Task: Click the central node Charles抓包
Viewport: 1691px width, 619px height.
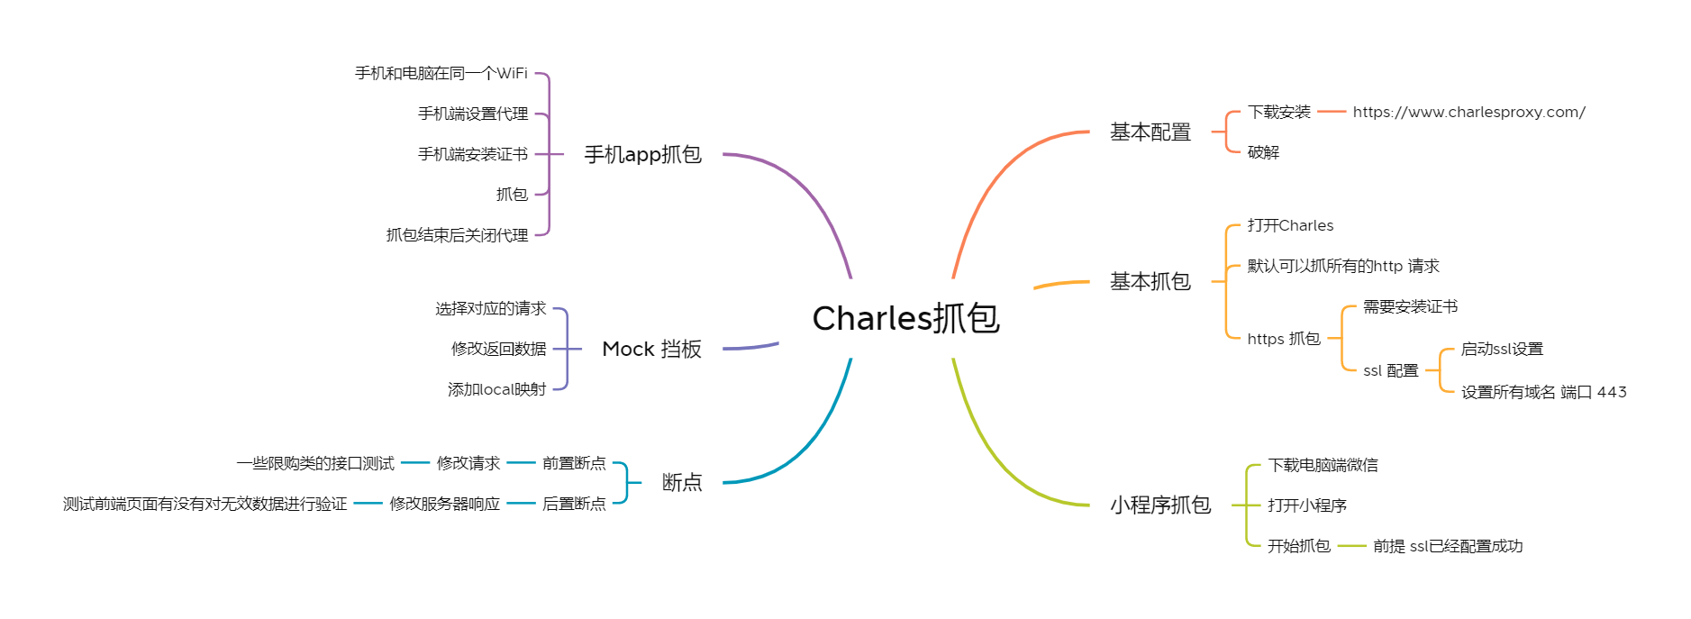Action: point(905,318)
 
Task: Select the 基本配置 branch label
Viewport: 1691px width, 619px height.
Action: point(1150,132)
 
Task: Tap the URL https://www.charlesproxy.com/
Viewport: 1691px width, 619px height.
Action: point(1468,112)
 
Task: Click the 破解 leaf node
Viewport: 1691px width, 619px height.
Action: point(1263,152)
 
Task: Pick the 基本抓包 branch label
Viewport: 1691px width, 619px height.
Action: point(1150,282)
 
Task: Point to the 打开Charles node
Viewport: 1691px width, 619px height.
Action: point(1290,225)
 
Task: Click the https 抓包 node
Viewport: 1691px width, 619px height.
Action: point(1283,339)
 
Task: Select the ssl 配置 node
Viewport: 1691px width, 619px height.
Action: point(1390,370)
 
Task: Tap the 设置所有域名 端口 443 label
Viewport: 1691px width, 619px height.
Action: point(1543,392)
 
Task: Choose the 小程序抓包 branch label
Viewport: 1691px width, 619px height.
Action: point(1159,505)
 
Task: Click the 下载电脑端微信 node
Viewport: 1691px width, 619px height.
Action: point(1323,465)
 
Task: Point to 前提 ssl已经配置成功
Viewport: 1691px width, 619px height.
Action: point(1447,546)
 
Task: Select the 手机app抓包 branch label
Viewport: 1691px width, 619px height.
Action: point(642,155)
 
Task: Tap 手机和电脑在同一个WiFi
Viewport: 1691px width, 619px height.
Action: point(441,73)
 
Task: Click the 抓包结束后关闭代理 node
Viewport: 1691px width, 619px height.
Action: point(457,235)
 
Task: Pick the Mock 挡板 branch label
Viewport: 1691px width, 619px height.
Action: point(651,349)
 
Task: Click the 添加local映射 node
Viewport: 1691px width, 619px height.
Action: point(496,389)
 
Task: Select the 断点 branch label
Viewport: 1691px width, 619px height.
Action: point(681,483)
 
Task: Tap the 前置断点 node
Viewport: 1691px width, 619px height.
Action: point(574,463)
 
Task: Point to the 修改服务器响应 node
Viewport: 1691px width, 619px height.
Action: point(444,504)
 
